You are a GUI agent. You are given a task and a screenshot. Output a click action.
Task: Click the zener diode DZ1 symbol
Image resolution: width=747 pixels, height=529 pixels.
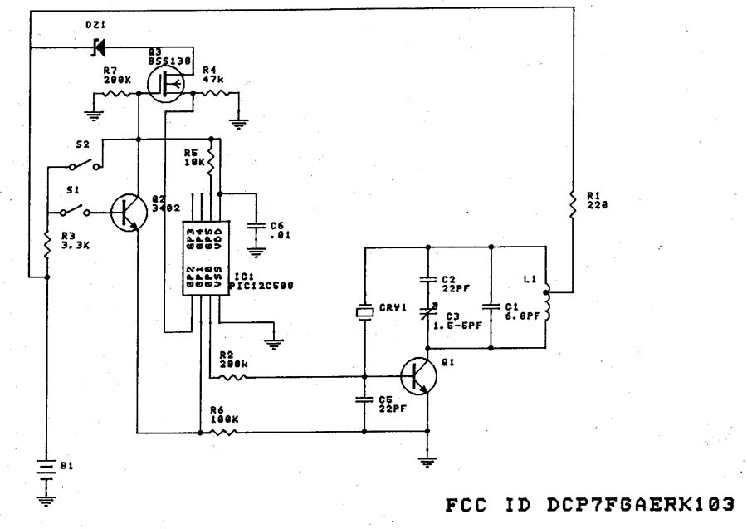click(99, 47)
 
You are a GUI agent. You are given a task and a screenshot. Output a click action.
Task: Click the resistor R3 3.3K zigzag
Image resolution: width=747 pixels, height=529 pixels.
click(46, 243)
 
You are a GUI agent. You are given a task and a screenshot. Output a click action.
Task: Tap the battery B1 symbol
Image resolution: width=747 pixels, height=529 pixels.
click(46, 472)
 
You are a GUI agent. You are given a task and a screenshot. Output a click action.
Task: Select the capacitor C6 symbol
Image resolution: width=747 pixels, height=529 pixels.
click(256, 227)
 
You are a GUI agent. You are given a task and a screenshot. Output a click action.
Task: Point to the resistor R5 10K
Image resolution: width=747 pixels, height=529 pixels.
click(212, 159)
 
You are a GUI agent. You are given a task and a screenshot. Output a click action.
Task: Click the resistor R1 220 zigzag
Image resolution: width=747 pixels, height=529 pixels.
click(572, 201)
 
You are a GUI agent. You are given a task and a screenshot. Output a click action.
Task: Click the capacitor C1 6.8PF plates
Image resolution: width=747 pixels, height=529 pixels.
click(491, 305)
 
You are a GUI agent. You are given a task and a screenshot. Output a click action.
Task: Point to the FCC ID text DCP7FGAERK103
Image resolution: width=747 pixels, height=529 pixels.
click(590, 503)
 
